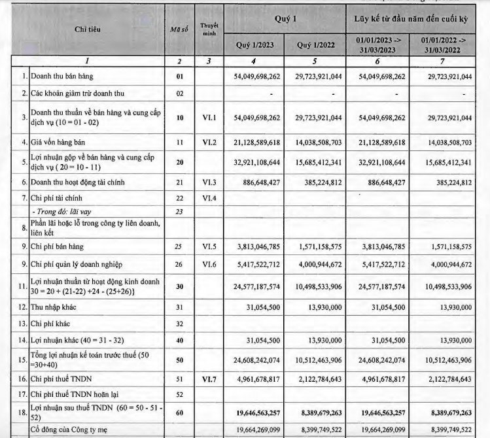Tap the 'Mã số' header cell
pyautogui.click(x=179, y=29)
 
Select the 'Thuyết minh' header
pyautogui.click(x=209, y=29)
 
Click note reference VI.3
pyautogui.click(x=209, y=182)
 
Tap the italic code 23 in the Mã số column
pyautogui.click(x=179, y=211)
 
